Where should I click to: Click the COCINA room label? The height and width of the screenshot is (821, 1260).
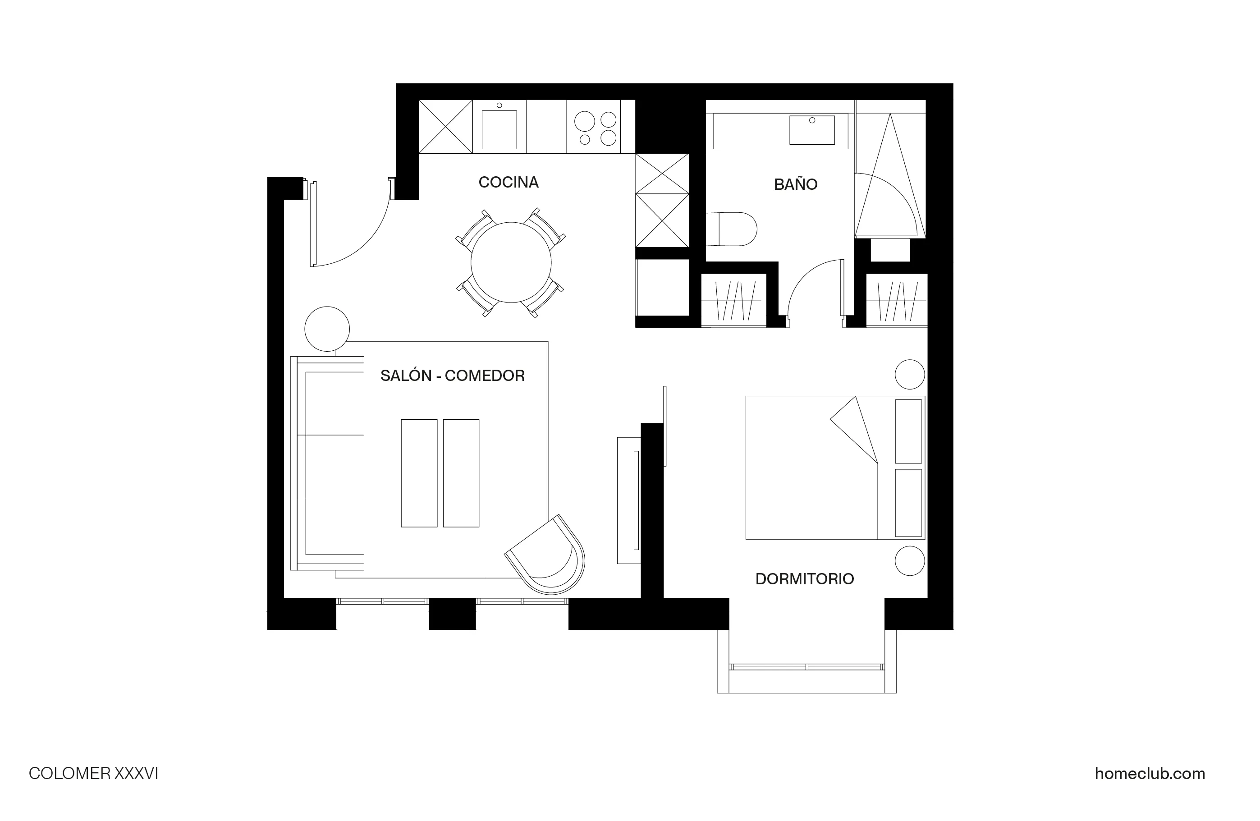click(508, 182)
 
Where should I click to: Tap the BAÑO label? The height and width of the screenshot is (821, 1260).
click(795, 184)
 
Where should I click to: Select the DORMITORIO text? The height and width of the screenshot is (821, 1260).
click(804, 578)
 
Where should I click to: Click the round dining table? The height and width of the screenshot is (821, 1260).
click(510, 262)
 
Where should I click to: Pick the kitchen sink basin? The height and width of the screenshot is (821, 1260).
click(499, 130)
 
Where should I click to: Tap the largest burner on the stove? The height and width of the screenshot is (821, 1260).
click(585, 121)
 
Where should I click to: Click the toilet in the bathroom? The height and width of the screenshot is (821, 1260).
click(733, 229)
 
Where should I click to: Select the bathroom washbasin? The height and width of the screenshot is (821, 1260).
click(811, 130)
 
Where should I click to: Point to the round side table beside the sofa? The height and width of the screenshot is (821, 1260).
click(327, 329)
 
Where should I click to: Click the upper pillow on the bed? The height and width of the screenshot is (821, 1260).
click(908, 431)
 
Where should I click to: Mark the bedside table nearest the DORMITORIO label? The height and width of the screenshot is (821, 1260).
click(910, 560)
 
